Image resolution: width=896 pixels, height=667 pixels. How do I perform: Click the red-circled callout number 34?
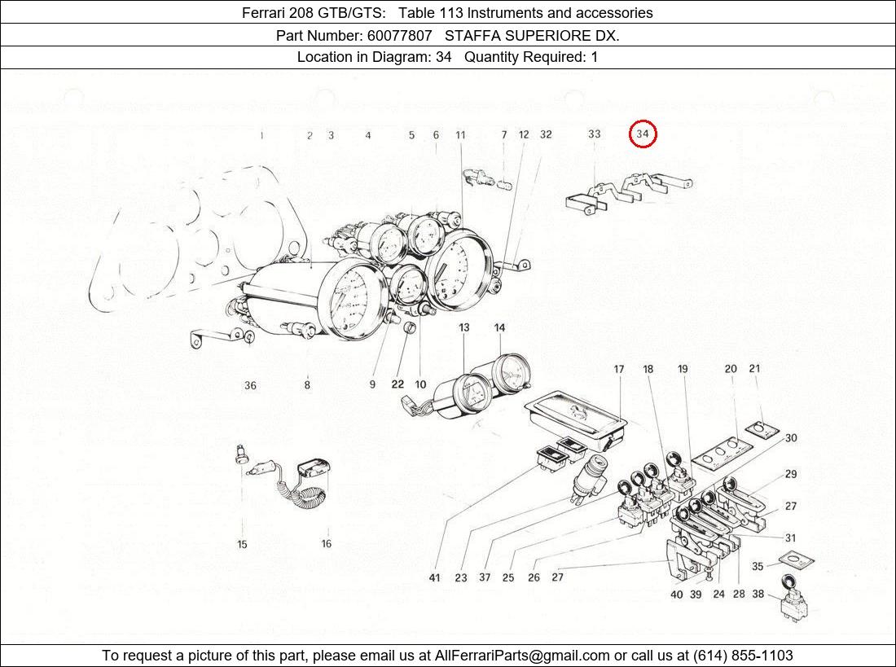pos(643,134)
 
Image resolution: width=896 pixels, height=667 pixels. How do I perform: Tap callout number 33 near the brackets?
pos(595,134)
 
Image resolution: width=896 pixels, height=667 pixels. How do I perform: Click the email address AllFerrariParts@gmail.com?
pos(522,656)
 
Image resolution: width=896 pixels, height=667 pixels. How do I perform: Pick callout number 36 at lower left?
pos(250,385)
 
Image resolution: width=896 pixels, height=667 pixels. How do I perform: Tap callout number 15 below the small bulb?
pos(242,544)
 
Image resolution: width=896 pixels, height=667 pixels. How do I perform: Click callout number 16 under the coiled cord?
pos(327,544)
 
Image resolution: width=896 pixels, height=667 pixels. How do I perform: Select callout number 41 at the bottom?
pos(435,577)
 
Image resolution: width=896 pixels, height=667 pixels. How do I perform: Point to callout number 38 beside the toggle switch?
pos(758,595)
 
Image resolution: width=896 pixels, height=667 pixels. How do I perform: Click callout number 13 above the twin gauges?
pos(463,327)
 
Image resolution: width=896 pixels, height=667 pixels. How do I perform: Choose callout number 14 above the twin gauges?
pos(499,327)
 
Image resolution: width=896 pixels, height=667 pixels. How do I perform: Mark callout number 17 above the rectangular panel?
pos(619,370)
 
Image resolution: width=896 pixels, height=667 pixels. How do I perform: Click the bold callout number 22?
pos(397,384)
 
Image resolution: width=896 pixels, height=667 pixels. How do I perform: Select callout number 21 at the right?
pos(754,369)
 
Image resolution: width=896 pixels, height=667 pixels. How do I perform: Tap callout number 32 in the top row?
pos(546,134)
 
